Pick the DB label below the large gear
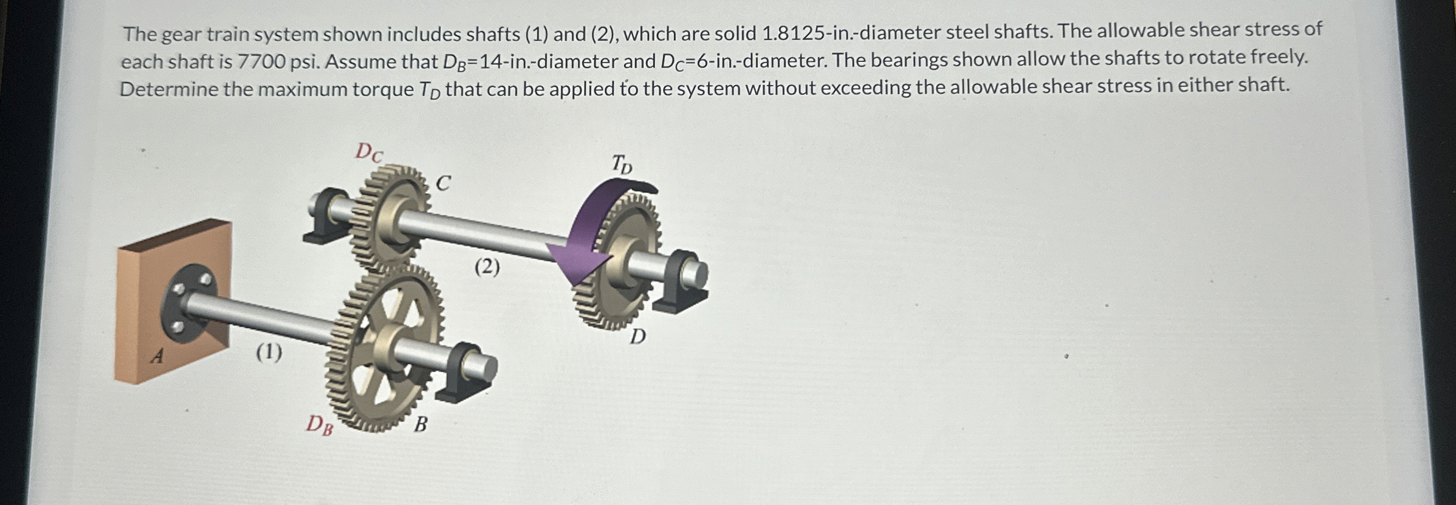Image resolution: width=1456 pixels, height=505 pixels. click(319, 424)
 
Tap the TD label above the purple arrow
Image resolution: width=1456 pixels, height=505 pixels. click(622, 163)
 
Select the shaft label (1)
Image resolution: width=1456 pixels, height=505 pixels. click(269, 352)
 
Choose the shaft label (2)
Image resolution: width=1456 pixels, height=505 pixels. click(487, 266)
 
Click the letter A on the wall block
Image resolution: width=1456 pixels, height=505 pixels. click(157, 356)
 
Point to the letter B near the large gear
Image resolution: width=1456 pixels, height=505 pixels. click(420, 424)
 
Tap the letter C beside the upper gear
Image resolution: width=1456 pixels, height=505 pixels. click(443, 182)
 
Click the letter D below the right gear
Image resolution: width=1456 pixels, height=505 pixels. click(637, 335)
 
